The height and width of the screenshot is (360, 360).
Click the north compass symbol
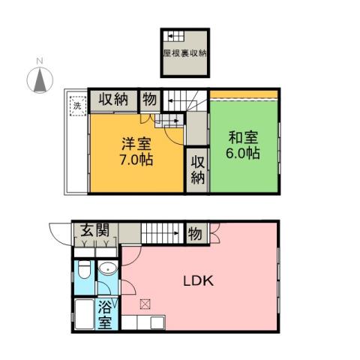click(x=38, y=79)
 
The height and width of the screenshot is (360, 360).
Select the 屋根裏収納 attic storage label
click(x=184, y=54)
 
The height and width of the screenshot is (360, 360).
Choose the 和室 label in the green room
click(x=244, y=136)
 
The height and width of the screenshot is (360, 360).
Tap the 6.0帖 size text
click(x=244, y=154)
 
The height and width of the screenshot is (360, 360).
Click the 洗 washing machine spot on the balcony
click(x=76, y=106)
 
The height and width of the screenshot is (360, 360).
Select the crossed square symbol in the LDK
click(x=145, y=304)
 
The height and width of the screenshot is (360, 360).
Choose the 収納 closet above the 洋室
click(x=114, y=99)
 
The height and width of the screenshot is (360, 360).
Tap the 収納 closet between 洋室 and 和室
click(x=197, y=169)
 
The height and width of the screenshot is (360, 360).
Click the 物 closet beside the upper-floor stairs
click(x=150, y=99)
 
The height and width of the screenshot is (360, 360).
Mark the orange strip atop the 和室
click(x=244, y=94)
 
